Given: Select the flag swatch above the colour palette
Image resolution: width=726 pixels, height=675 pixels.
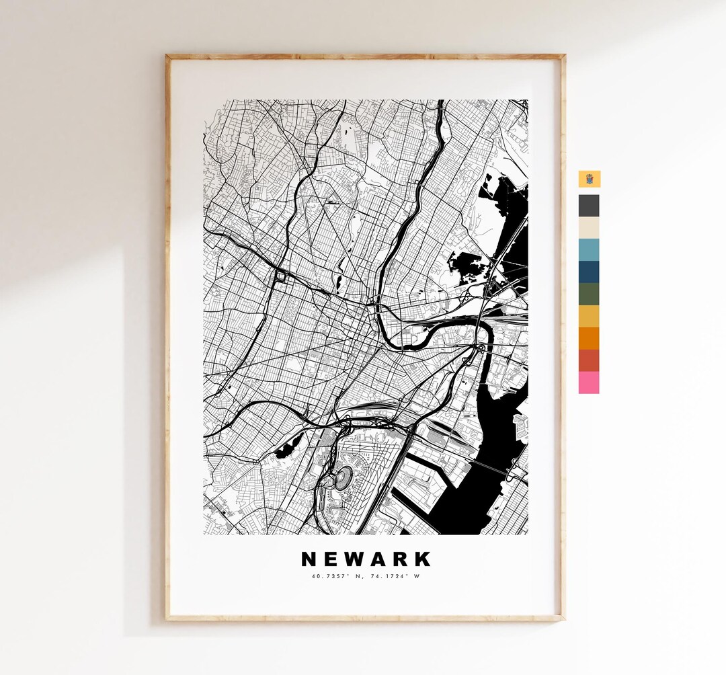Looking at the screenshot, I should tap(589, 179).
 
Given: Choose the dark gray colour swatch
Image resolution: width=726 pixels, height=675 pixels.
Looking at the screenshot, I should tap(589, 205).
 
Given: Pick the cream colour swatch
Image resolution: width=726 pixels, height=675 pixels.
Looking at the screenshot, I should tap(589, 227).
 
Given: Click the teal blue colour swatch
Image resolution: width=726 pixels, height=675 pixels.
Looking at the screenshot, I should tap(589, 249).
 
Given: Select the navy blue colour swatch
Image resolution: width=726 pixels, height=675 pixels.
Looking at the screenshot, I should tap(589, 272).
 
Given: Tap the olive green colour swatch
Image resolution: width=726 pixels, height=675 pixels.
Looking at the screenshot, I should tap(589, 294).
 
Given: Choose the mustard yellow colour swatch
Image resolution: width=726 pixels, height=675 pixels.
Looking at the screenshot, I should tap(589, 316).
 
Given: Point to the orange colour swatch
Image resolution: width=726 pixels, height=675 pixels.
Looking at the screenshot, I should tap(589, 338).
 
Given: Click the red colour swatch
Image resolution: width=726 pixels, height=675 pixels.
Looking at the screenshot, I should tap(589, 360).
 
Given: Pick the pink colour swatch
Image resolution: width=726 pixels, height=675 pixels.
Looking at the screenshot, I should tap(589, 383).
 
